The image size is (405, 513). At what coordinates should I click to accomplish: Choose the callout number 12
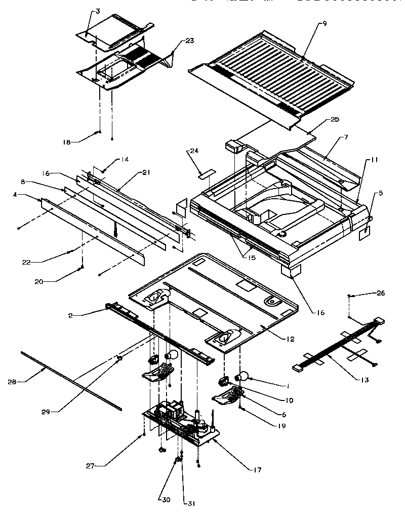click(x=289, y=339)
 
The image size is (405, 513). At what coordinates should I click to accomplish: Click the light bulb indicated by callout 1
click(x=244, y=376)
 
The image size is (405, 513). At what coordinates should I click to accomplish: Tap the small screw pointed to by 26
click(x=350, y=296)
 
